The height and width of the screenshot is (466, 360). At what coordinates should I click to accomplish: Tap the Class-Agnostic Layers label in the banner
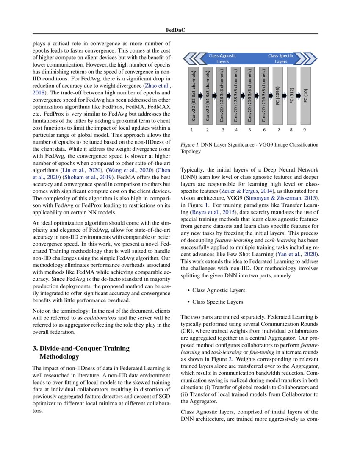click(x=223, y=58)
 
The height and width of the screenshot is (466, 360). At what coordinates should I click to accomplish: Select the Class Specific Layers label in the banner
click(x=281, y=58)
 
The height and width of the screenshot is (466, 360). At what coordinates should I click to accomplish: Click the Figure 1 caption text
click(x=249, y=148)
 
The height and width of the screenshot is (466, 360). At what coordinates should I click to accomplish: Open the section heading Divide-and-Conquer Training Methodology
click(x=80, y=352)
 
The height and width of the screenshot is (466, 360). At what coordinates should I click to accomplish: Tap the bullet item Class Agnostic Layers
click(x=219, y=291)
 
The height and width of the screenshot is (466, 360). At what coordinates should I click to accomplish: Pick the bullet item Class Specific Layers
click(x=218, y=302)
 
